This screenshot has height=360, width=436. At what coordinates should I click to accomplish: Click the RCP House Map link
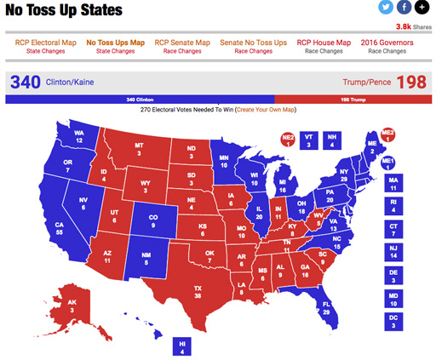324,43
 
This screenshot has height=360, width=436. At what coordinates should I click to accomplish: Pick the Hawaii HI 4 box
181,346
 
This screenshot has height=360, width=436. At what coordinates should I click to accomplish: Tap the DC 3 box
393,320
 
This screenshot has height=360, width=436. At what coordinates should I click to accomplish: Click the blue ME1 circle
388,162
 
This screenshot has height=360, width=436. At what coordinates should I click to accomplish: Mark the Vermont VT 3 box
309,140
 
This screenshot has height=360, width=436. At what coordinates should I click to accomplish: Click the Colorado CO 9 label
153,224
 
